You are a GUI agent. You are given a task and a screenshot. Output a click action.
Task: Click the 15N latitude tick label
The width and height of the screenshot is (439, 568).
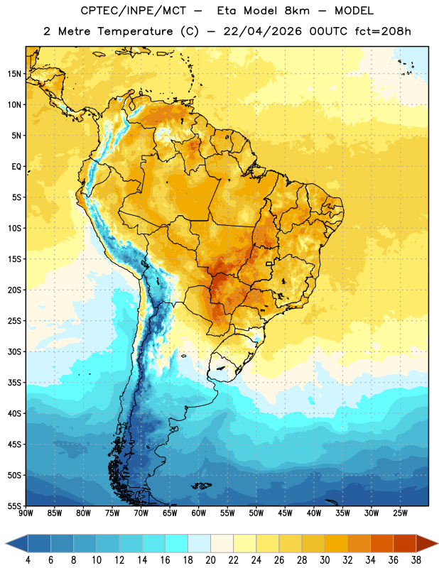click(x=14, y=74)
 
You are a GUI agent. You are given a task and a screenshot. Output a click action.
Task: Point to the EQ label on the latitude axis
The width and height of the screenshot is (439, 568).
click(x=16, y=167)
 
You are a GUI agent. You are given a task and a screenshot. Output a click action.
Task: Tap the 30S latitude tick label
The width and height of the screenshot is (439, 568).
click(x=14, y=351)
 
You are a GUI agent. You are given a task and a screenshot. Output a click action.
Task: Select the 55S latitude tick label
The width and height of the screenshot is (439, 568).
click(x=14, y=506)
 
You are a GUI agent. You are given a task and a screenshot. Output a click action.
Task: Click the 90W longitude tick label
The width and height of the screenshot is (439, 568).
click(x=26, y=513)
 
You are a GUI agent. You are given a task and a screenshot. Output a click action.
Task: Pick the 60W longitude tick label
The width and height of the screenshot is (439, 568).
click(x=199, y=513)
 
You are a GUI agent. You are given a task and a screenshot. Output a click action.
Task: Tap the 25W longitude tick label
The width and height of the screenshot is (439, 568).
click(x=400, y=513)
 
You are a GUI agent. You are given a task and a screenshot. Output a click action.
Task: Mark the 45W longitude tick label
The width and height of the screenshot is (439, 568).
click(x=285, y=513)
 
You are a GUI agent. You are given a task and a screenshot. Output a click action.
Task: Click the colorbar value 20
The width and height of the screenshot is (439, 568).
click(x=210, y=560)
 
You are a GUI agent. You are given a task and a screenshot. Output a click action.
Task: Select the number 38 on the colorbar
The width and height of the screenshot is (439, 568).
click(x=416, y=560)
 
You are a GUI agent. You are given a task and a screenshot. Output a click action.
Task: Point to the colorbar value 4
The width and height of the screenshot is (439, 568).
click(x=28, y=560)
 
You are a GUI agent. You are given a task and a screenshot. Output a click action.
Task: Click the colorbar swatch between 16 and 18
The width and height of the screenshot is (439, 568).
click(x=176, y=543)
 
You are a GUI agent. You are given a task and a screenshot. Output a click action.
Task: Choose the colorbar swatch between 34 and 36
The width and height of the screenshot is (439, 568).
click(x=381, y=543)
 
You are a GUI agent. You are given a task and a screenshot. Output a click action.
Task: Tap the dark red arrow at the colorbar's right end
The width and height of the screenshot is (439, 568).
click(x=426, y=543)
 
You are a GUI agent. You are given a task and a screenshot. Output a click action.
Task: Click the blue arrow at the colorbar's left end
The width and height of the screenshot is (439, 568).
click(x=17, y=543)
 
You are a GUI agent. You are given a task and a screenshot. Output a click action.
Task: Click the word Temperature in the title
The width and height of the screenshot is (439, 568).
click(x=135, y=31)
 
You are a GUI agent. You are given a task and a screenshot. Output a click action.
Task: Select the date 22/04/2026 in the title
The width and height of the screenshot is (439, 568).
click(x=262, y=31)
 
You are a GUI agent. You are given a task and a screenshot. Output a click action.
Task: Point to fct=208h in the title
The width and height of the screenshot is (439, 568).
click(x=383, y=31)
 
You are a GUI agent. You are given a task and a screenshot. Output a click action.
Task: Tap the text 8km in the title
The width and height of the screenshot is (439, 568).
click(x=297, y=11)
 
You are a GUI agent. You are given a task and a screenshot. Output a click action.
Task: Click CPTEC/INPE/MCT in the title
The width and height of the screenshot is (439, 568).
click(x=134, y=11)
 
